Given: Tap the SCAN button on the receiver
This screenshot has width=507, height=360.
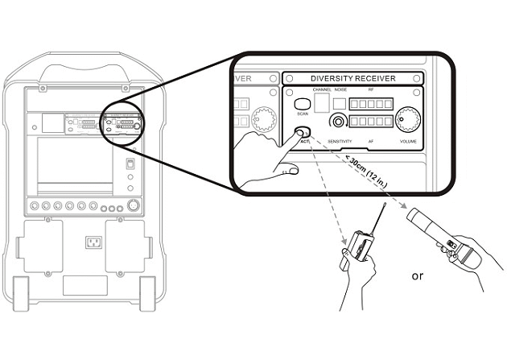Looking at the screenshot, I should click(303, 105).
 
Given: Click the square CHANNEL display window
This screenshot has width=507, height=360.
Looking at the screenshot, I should click(321, 102).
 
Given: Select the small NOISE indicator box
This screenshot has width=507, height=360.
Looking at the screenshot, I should click(340, 103).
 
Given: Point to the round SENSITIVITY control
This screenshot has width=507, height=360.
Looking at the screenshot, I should click(340, 122).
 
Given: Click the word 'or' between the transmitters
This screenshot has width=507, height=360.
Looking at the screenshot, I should click(417, 275).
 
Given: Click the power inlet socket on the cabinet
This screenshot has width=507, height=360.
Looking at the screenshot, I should click(94, 242).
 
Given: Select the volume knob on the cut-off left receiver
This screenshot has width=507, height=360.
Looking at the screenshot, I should click(262, 120).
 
